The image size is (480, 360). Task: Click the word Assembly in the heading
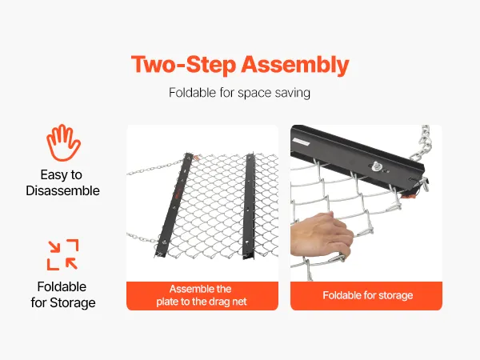click(294, 66)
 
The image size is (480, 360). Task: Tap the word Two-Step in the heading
click(183, 65)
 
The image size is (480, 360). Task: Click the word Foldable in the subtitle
click(193, 93)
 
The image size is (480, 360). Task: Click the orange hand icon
click(63, 142)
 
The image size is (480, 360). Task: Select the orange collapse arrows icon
click(62, 254)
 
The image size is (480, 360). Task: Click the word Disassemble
click(62, 190)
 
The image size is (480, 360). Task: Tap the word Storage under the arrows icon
click(73, 302)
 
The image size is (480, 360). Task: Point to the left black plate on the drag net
click(174, 205)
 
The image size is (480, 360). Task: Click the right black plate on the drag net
click(249, 206)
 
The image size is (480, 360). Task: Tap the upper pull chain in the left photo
click(156, 168)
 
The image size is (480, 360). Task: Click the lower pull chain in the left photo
click(143, 238)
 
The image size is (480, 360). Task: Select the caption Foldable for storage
click(368, 295)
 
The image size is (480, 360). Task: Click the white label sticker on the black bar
click(302, 142)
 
